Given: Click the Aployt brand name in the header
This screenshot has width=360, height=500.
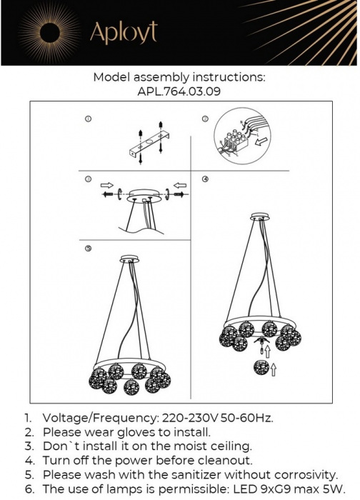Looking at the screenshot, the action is [x=124, y=32].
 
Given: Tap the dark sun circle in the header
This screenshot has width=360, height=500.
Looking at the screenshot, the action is [x=50, y=33].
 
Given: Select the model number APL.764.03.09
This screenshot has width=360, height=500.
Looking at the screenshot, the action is [x=179, y=91].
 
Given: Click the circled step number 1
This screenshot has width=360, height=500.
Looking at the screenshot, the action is [x=89, y=119].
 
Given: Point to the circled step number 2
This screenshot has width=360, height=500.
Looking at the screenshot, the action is [x=205, y=119].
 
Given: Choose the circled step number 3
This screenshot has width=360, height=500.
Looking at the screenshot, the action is [x=89, y=179].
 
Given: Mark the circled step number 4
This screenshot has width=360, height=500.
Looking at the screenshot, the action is [x=205, y=179].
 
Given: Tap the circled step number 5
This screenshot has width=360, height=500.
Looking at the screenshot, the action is [x=89, y=249].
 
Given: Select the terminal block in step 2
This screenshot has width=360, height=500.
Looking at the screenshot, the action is [x=236, y=141].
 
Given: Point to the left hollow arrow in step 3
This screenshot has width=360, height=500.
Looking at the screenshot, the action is [x=107, y=185].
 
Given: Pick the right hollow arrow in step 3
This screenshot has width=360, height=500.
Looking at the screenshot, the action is [x=180, y=185].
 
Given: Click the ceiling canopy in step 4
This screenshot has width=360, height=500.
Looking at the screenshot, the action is [x=260, y=216].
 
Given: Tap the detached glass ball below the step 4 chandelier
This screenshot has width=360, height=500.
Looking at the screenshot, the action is [x=261, y=367].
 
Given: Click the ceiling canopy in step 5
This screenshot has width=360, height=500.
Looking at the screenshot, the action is [x=130, y=259].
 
